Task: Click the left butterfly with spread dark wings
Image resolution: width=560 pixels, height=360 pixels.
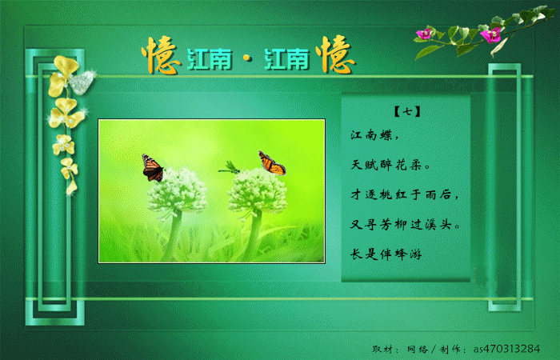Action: click(x=153, y=168)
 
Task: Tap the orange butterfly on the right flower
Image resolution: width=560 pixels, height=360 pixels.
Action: click(x=272, y=163)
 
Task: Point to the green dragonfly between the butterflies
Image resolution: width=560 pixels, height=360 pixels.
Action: click(x=230, y=167)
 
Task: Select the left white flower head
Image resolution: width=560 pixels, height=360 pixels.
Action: click(x=177, y=190)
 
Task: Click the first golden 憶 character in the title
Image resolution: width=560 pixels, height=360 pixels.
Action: click(x=161, y=55)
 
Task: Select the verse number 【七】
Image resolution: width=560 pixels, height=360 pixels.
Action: click(x=406, y=112)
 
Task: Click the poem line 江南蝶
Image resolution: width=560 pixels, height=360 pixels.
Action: click(x=374, y=135)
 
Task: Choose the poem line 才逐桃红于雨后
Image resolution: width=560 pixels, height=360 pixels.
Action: click(x=404, y=194)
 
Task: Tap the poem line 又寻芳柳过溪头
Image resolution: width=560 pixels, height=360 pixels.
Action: click(x=405, y=224)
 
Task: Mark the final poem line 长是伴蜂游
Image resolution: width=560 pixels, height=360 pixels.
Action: click(x=386, y=254)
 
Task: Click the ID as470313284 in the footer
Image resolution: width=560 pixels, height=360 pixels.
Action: click(x=506, y=349)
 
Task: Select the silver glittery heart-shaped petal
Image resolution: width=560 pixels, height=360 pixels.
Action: click(x=82, y=82)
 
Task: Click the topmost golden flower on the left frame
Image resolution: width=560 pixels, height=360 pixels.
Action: click(x=63, y=75)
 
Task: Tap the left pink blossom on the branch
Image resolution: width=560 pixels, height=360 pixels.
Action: click(x=424, y=34)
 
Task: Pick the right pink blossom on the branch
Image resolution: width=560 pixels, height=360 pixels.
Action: click(x=490, y=34)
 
